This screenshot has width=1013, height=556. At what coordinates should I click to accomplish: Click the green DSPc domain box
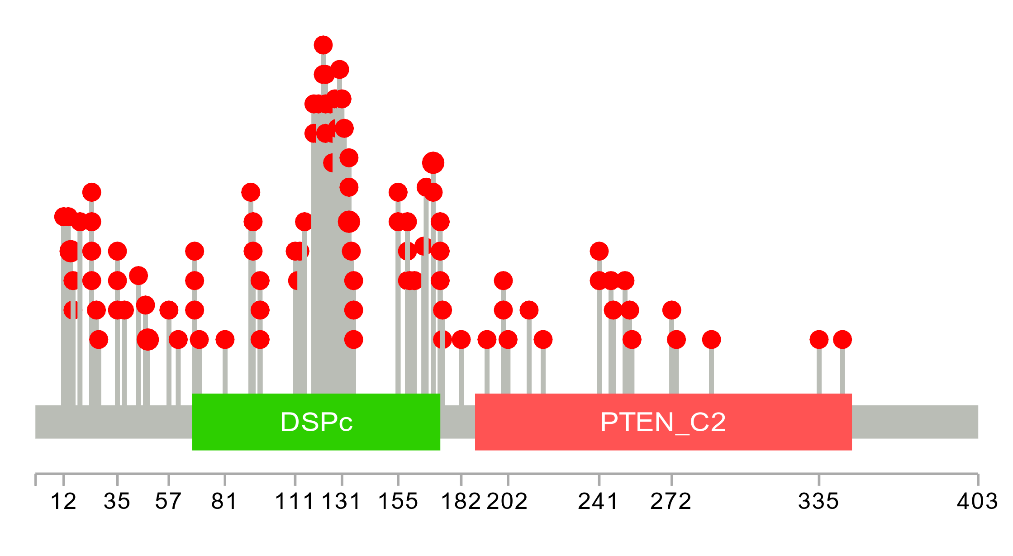[316, 422]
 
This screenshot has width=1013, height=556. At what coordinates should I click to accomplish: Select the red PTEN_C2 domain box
[663, 422]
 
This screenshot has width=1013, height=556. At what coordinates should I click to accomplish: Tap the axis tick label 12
[63, 501]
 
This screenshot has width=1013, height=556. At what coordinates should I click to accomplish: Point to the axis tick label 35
[117, 501]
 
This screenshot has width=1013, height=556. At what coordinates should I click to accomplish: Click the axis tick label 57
[168, 501]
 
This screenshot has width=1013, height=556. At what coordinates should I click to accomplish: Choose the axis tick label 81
[224, 501]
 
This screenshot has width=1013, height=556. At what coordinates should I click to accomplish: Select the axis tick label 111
[295, 501]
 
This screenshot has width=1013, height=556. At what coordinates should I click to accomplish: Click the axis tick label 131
[342, 501]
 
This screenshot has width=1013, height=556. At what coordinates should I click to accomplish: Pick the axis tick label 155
[398, 501]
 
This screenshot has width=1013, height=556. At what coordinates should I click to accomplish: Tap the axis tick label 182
[461, 501]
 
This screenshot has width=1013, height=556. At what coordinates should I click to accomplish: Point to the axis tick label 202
[507, 501]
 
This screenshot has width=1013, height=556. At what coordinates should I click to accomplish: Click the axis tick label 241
[599, 501]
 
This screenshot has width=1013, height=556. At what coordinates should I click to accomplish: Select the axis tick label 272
[671, 501]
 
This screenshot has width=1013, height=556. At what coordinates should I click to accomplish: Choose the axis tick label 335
[818, 501]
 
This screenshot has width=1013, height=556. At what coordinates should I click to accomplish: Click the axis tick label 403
[977, 501]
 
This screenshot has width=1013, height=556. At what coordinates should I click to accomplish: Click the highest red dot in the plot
[323, 45]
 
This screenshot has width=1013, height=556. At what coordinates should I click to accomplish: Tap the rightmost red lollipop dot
[842, 339]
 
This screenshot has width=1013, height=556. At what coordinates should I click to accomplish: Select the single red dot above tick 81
[225, 339]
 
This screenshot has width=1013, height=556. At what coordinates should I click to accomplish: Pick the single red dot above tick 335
[819, 339]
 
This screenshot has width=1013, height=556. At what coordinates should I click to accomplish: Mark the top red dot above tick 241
[599, 251]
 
